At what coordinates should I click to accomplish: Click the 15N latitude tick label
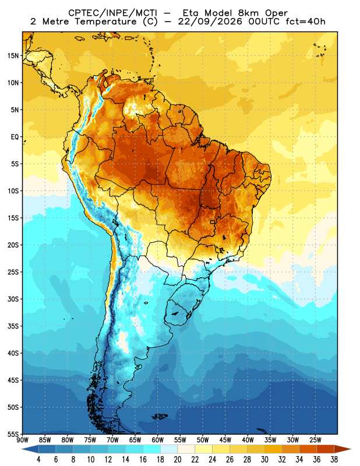(13, 55)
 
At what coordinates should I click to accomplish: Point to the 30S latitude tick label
(13, 299)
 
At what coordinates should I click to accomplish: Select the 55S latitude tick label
(13, 435)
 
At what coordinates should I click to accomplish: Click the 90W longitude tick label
(23, 440)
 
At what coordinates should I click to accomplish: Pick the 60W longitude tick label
(157, 440)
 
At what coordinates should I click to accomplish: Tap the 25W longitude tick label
(315, 440)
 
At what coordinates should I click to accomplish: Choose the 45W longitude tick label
(225, 440)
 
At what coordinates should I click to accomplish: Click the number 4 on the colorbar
(38, 460)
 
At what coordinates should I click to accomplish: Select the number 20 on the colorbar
(178, 460)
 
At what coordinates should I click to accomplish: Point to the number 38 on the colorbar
(334, 460)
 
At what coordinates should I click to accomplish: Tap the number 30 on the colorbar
(264, 460)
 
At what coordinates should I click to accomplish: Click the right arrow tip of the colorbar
(351, 449)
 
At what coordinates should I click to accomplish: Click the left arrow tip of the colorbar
(22, 449)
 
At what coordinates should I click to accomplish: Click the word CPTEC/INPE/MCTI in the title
(112, 13)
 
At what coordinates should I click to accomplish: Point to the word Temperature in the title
(105, 22)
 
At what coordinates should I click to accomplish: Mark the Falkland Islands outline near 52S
(160, 416)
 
